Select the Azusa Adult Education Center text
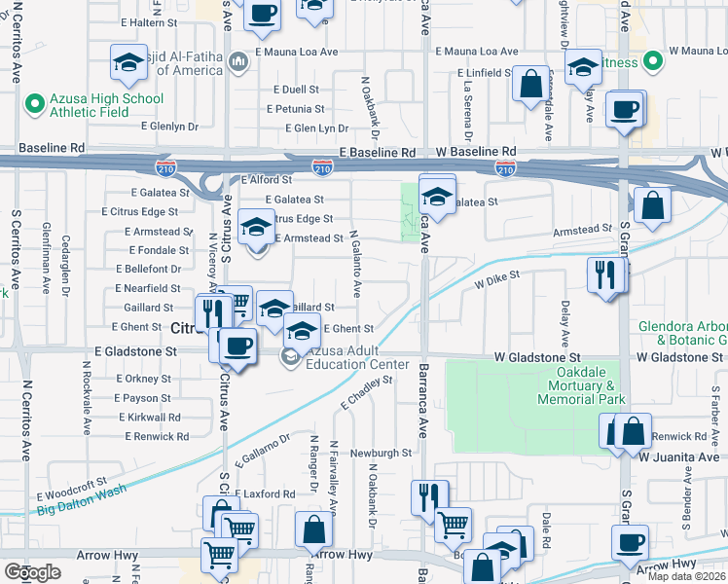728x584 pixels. click(x=356, y=357)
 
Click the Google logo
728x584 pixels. click(x=32, y=571)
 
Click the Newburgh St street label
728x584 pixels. click(x=382, y=453)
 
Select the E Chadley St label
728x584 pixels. click(x=366, y=393)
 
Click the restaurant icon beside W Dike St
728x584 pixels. click(x=606, y=275)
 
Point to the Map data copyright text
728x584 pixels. click(x=686, y=576)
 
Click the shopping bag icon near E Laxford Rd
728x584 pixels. click(x=314, y=531)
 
